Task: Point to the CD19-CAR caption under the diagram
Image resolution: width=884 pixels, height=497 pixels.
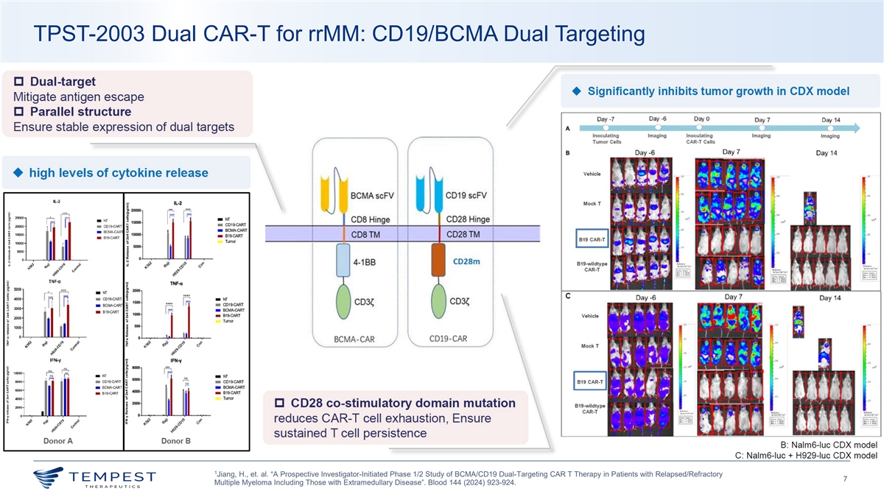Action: point(449,339)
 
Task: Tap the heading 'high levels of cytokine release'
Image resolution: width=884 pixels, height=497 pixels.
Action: point(118,173)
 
